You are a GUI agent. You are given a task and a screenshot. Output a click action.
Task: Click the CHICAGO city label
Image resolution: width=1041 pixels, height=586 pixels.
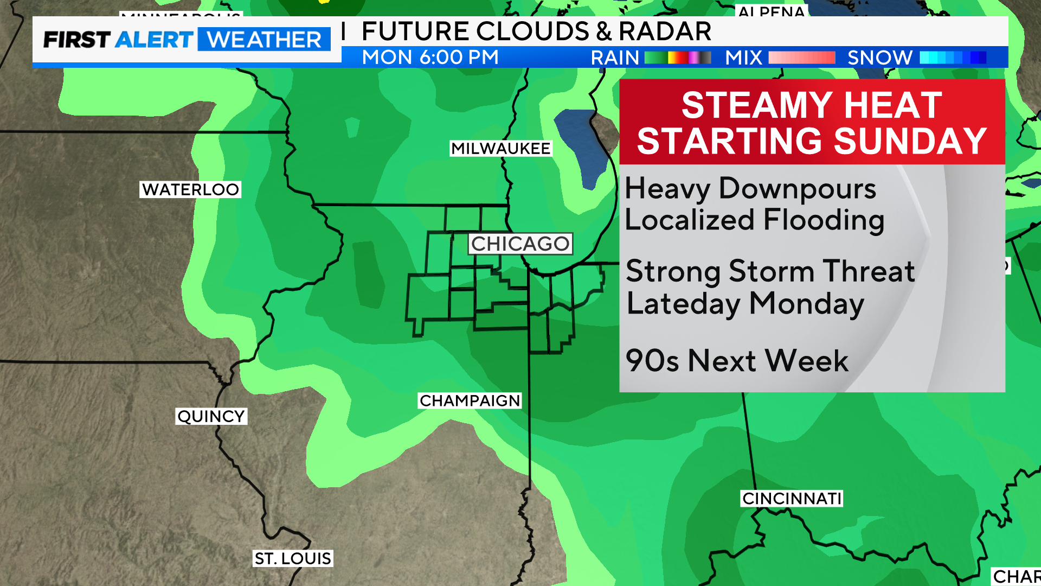pyautogui.click(x=520, y=244)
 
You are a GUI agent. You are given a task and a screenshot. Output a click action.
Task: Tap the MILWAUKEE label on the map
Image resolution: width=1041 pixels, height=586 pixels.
pyautogui.click(x=500, y=148)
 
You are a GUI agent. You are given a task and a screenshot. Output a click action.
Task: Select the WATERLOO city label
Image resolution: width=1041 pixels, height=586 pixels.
pyautogui.click(x=190, y=189)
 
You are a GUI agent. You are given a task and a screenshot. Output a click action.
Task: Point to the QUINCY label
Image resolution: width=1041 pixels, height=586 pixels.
pyautogui.click(x=211, y=416)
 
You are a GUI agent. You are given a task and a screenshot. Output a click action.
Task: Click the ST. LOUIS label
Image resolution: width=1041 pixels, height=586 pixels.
pyautogui.click(x=293, y=558)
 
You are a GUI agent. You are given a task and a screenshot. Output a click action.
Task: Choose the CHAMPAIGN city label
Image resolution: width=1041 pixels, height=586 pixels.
pyautogui.click(x=470, y=400)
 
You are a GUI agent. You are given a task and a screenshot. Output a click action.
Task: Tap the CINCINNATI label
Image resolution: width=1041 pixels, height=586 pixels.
pyautogui.click(x=792, y=498)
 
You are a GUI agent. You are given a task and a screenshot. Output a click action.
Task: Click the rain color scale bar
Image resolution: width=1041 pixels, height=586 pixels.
pyautogui.click(x=678, y=58)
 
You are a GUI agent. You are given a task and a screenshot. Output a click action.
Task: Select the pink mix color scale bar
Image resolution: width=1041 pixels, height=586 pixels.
pyautogui.click(x=801, y=58)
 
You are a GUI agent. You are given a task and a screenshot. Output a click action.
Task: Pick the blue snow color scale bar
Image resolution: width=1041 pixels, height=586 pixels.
pyautogui.click(x=953, y=58)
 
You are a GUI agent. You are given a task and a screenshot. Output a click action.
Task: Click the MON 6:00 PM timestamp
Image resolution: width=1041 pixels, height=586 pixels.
pyautogui.click(x=430, y=58)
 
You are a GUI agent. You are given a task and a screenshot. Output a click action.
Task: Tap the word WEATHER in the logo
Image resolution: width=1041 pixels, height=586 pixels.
pyautogui.click(x=264, y=40)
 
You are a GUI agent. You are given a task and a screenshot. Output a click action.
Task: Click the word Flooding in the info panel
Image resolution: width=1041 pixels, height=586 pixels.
pyautogui.click(x=824, y=220)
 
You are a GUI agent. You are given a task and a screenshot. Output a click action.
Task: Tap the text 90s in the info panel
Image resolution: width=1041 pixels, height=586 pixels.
pyautogui.click(x=652, y=361)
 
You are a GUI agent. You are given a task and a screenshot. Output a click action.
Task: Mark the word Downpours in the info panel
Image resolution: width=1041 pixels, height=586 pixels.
pyautogui.click(x=797, y=189)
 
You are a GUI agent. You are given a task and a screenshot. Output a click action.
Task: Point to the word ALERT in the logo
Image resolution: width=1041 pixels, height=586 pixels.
pyautogui.click(x=154, y=40)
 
